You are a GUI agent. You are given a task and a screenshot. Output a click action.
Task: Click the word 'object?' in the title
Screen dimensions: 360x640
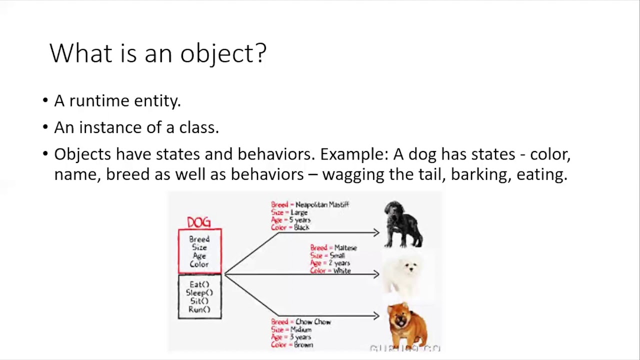tap(223, 53)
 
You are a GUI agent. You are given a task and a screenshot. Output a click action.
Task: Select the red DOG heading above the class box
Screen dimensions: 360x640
tap(199, 222)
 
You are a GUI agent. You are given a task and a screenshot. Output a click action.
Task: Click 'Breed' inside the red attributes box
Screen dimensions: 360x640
tap(199, 239)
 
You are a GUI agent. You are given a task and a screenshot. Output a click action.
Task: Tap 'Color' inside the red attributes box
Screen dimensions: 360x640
tap(199, 264)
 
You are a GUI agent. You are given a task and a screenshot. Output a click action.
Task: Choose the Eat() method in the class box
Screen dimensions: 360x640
tap(199, 284)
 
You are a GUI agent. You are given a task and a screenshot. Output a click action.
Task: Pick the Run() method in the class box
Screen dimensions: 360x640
tap(199, 309)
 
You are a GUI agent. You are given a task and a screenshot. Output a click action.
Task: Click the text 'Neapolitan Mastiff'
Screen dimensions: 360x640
tap(322, 204)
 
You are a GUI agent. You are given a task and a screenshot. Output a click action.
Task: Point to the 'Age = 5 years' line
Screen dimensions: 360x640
tap(291, 220)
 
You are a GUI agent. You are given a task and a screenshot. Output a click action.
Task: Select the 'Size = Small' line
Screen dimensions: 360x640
tap(327, 255)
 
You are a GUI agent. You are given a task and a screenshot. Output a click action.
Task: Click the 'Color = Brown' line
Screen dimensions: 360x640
tap(292, 345)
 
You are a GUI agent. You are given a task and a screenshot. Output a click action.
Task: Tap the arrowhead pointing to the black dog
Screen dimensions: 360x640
tap(376, 232)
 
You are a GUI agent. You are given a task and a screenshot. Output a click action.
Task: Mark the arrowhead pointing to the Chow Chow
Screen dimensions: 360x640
tap(376, 315)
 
